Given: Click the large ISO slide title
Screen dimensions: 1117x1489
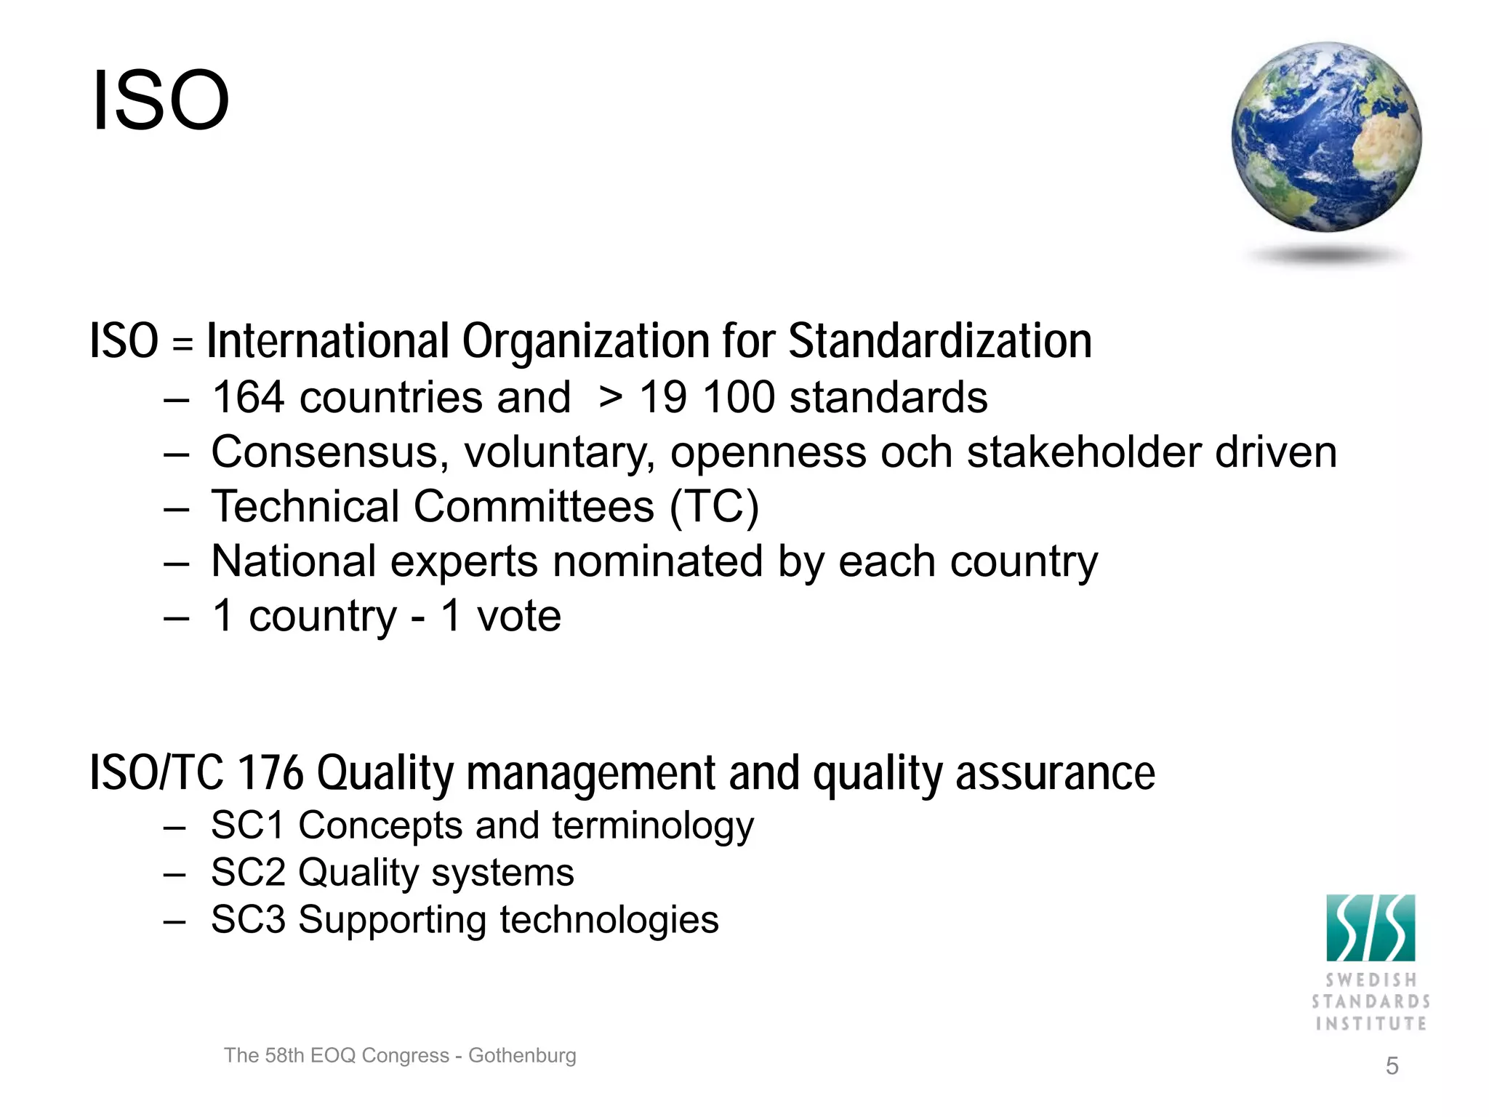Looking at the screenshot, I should click(161, 100).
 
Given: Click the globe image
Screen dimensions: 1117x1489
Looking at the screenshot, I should click(1326, 137).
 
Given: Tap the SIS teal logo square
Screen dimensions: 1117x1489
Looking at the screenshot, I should click(1370, 928).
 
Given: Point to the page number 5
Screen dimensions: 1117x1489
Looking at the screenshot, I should click(1392, 1066).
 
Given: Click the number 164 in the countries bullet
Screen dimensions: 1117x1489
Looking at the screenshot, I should click(247, 398).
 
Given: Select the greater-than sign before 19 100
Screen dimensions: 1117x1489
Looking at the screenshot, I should click(611, 398).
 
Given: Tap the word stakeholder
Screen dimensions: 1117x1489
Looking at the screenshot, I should click(1083, 452).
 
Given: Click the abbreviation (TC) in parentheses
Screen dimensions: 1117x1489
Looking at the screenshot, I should click(714, 507).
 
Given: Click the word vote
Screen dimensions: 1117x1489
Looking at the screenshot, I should click(518, 617).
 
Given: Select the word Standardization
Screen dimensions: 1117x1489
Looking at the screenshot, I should click(940, 341).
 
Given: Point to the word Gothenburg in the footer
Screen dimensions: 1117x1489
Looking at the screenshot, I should click(522, 1055).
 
